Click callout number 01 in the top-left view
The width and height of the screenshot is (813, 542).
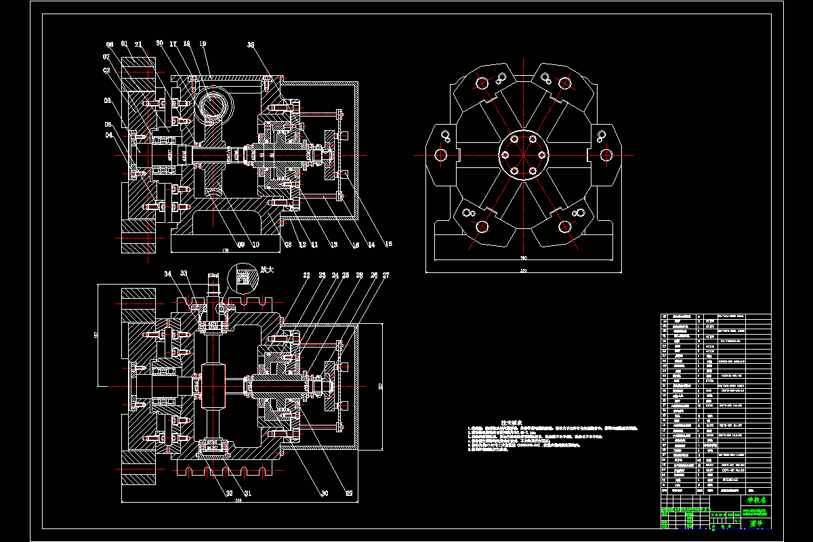(125, 44)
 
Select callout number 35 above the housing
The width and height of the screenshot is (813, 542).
(251, 45)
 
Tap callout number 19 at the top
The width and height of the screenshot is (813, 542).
(203, 44)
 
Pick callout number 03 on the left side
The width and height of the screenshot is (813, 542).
(107, 100)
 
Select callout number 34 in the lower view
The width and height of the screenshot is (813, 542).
(168, 273)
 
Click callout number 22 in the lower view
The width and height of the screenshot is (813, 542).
(306, 276)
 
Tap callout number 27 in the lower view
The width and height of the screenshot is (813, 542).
(386, 276)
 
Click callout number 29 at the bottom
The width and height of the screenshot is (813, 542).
(350, 493)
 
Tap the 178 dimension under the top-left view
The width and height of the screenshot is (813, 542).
(225, 251)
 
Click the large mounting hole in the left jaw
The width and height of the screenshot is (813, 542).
(441, 155)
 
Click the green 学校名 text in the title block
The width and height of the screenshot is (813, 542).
(755, 500)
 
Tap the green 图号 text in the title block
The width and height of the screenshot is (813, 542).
(756, 523)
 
